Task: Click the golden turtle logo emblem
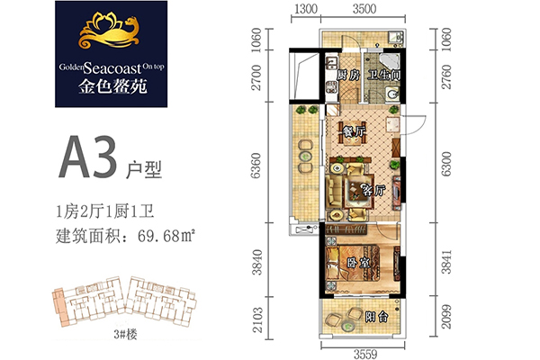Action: [110, 32]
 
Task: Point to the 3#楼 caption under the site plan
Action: [125, 334]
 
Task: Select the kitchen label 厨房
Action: [347, 76]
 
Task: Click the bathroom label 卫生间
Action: [383, 75]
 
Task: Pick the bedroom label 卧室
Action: [358, 263]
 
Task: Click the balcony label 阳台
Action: [377, 317]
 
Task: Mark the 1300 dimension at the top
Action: [306, 9]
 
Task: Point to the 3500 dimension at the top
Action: [364, 9]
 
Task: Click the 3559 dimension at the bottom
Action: [365, 354]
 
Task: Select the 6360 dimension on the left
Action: [256, 166]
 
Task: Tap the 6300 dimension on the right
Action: [446, 164]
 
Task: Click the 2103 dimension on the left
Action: [257, 320]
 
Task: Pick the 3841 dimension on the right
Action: [446, 262]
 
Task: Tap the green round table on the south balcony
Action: [346, 325]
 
